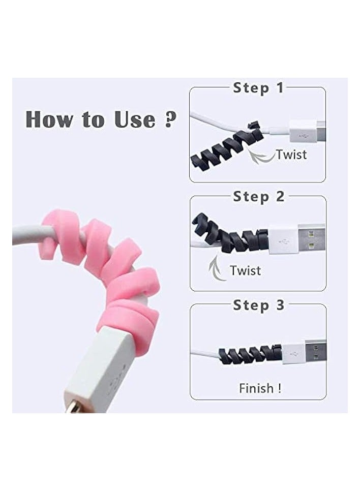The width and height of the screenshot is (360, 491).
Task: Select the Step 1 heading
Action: click(258, 87)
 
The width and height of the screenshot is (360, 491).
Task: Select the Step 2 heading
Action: click(258, 197)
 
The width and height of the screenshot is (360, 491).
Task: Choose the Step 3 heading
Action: click(258, 305)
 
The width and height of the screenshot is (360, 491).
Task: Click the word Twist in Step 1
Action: click(291, 154)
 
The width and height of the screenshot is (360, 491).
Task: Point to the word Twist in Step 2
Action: click(246, 270)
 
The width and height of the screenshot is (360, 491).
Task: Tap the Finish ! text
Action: click(260, 388)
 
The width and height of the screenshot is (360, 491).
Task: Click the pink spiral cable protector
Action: click(109, 269)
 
